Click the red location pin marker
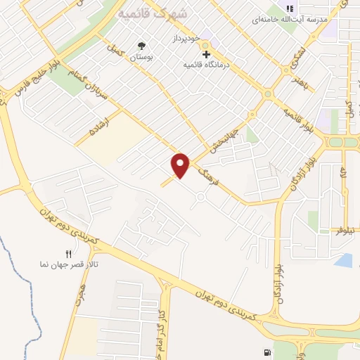tap(181, 165)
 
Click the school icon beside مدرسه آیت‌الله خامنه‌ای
tap(288, 9)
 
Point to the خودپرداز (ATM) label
tap(188, 38)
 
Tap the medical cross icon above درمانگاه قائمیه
tap(206, 53)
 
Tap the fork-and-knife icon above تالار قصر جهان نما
tap(68, 254)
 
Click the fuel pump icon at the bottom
tap(266, 353)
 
